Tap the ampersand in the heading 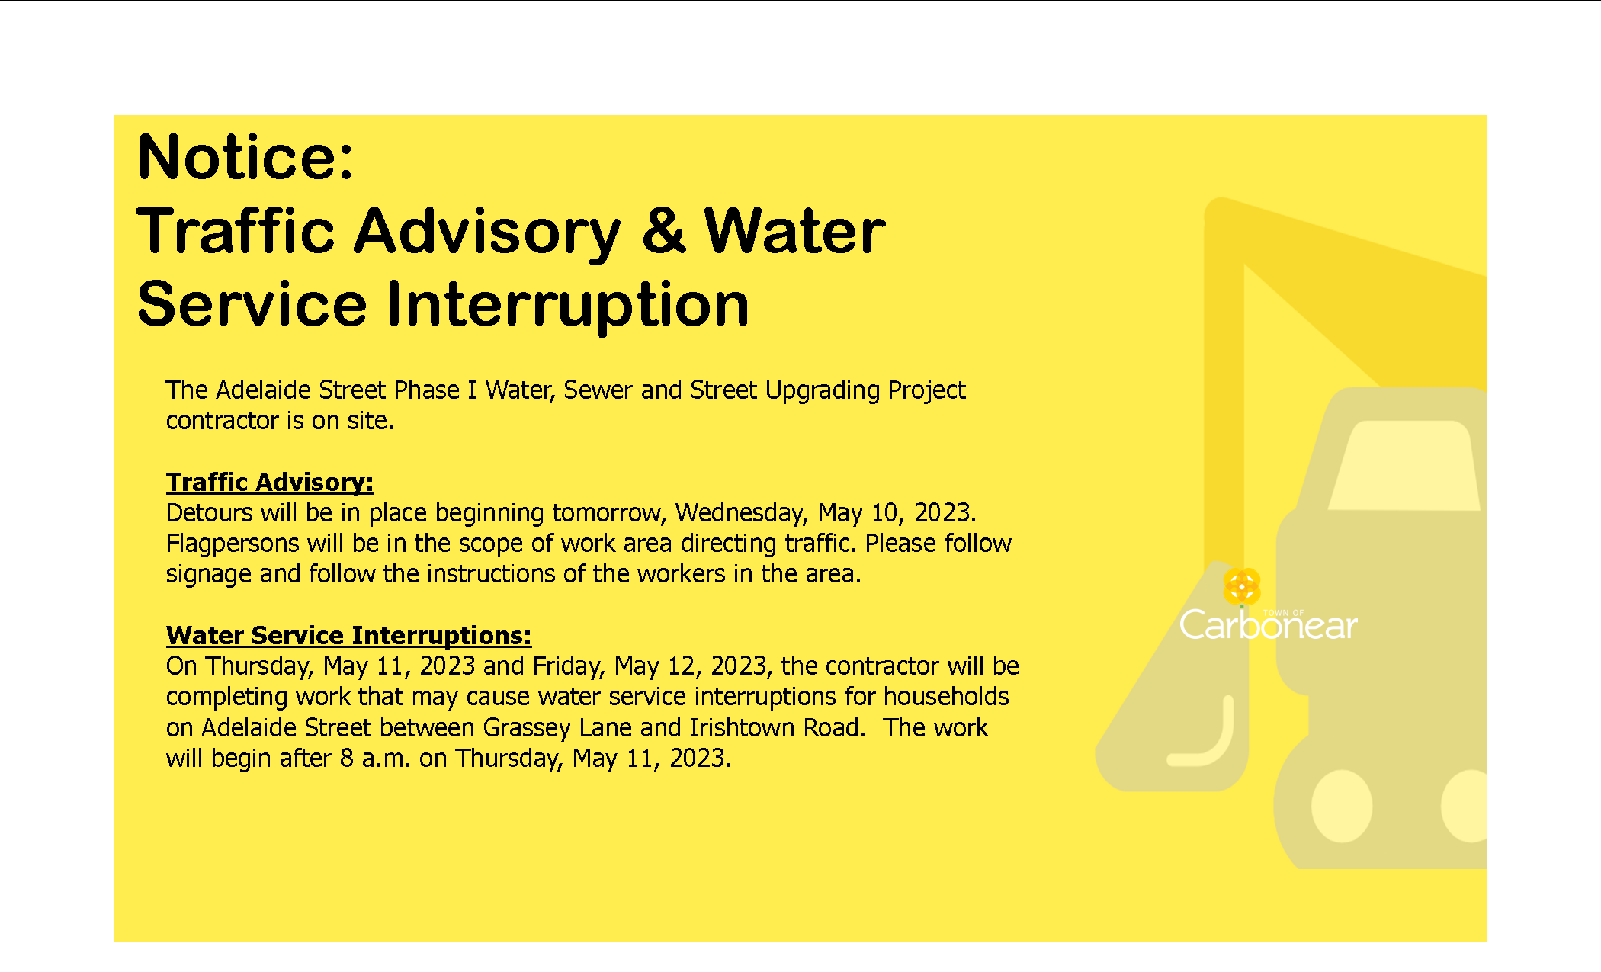663,230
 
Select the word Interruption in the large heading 568,305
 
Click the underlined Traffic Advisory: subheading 270,483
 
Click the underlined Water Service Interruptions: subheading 348,636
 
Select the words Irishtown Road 777,728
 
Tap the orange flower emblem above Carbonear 1242,587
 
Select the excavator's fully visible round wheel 1342,806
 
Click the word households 946,697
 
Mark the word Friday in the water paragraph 569,667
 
